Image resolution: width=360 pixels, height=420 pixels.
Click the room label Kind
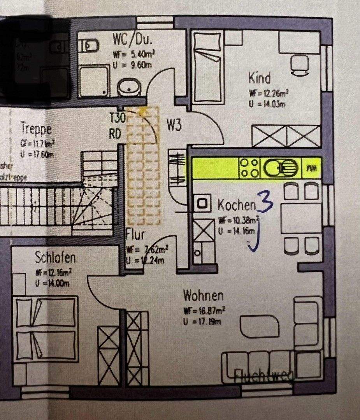tap(259, 78)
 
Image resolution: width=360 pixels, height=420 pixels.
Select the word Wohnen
tap(204, 296)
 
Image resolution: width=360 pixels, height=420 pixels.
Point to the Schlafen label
tap(55, 257)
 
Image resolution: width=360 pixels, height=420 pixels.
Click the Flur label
tap(135, 235)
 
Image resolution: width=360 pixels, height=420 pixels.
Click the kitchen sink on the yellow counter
tap(280, 168)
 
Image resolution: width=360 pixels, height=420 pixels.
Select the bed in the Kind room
tap(207, 68)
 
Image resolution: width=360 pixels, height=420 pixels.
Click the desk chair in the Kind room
tap(300, 65)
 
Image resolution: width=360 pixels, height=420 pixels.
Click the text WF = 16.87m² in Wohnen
tap(204, 311)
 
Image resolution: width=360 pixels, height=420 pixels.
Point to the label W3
tap(174, 125)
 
